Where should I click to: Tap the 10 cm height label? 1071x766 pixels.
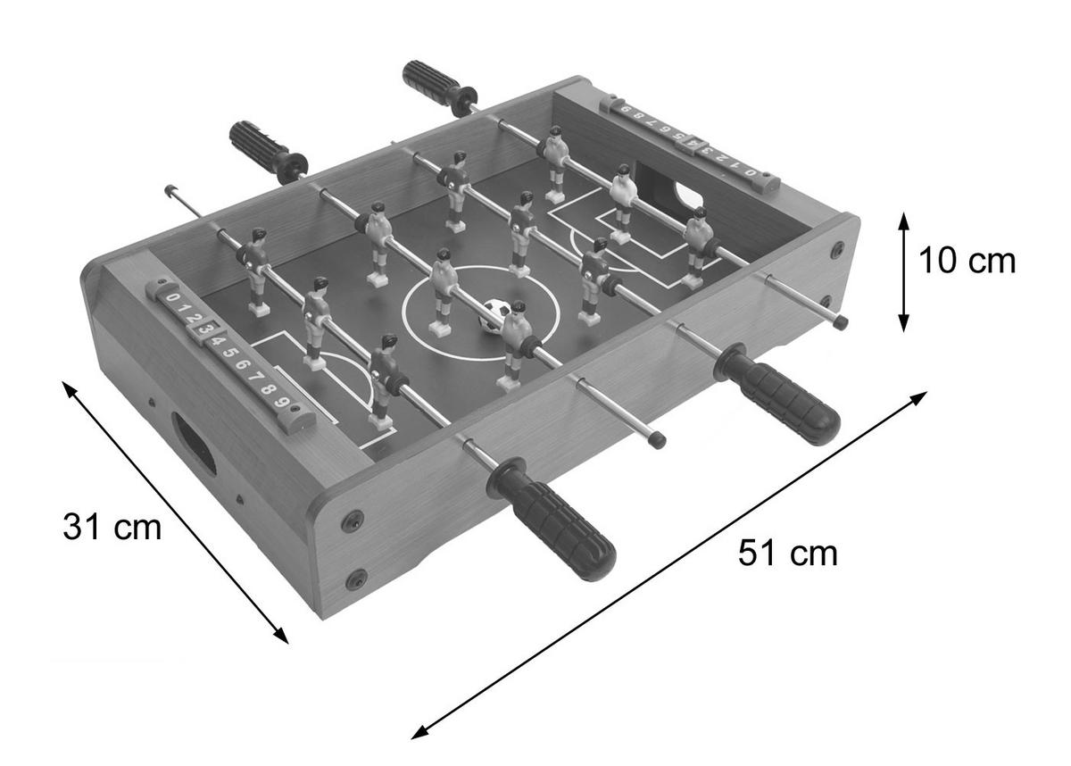967,261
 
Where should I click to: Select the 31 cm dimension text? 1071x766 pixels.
112,528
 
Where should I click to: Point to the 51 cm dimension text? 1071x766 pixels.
787,554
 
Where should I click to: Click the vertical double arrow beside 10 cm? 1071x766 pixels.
903,271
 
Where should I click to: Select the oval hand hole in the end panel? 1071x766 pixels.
195,443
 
